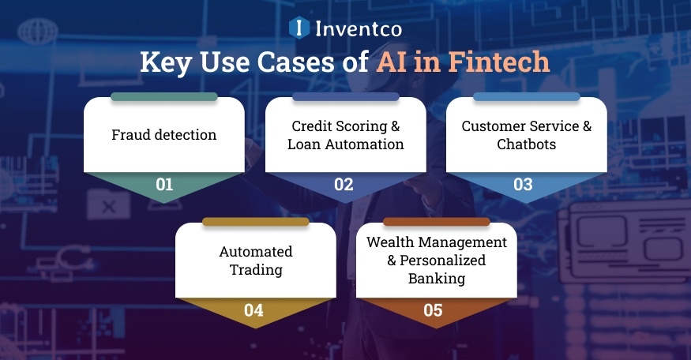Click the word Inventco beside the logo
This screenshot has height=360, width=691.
click(358, 29)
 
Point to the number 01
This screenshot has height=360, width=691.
click(163, 185)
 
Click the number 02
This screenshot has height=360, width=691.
click(344, 185)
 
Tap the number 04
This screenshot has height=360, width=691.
click(254, 309)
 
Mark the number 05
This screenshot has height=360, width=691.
click(434, 309)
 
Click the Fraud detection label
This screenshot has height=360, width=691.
click(163, 135)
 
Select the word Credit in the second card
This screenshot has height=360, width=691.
click(311, 126)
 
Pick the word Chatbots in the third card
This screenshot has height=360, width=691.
click(526, 144)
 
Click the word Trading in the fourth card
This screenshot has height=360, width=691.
click(255, 269)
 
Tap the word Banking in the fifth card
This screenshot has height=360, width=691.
click(437, 278)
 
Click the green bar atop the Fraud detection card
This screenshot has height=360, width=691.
click(163, 96)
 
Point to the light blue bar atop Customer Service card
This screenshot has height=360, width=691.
click(526, 96)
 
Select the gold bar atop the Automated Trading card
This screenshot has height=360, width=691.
click(255, 222)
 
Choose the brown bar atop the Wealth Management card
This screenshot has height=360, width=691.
click(437, 222)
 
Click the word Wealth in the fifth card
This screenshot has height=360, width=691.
click(389, 242)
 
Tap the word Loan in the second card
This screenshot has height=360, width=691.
click(304, 144)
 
